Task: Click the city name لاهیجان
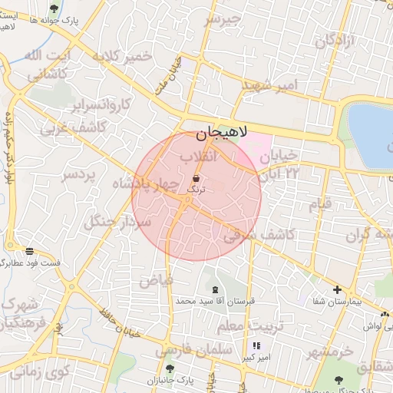[222, 134]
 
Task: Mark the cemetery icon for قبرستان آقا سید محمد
[214, 289]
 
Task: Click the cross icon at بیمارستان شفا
[337, 289]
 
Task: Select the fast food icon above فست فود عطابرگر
[29, 250]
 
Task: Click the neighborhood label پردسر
[80, 176]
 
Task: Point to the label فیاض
[155, 280]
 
